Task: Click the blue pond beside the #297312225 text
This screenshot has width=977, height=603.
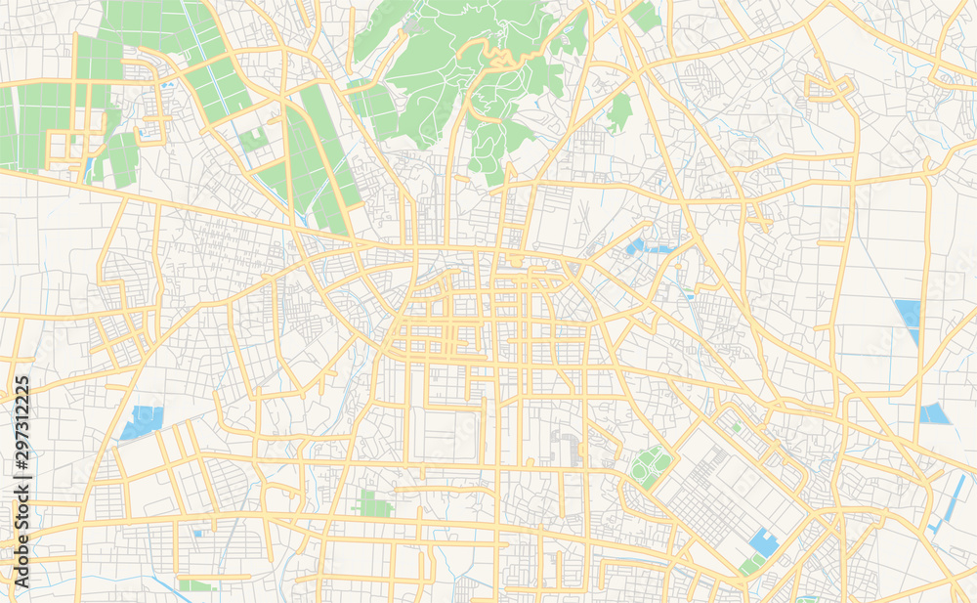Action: (143, 422)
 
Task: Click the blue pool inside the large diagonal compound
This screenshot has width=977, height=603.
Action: (764, 542)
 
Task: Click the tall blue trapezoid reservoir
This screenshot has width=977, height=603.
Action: (909, 319)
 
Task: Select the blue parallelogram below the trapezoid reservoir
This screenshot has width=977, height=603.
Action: (934, 413)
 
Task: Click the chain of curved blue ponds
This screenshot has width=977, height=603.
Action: (645, 247)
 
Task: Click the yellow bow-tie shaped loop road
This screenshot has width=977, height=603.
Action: (828, 90)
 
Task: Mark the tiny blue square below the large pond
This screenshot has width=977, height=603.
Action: (197, 534)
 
